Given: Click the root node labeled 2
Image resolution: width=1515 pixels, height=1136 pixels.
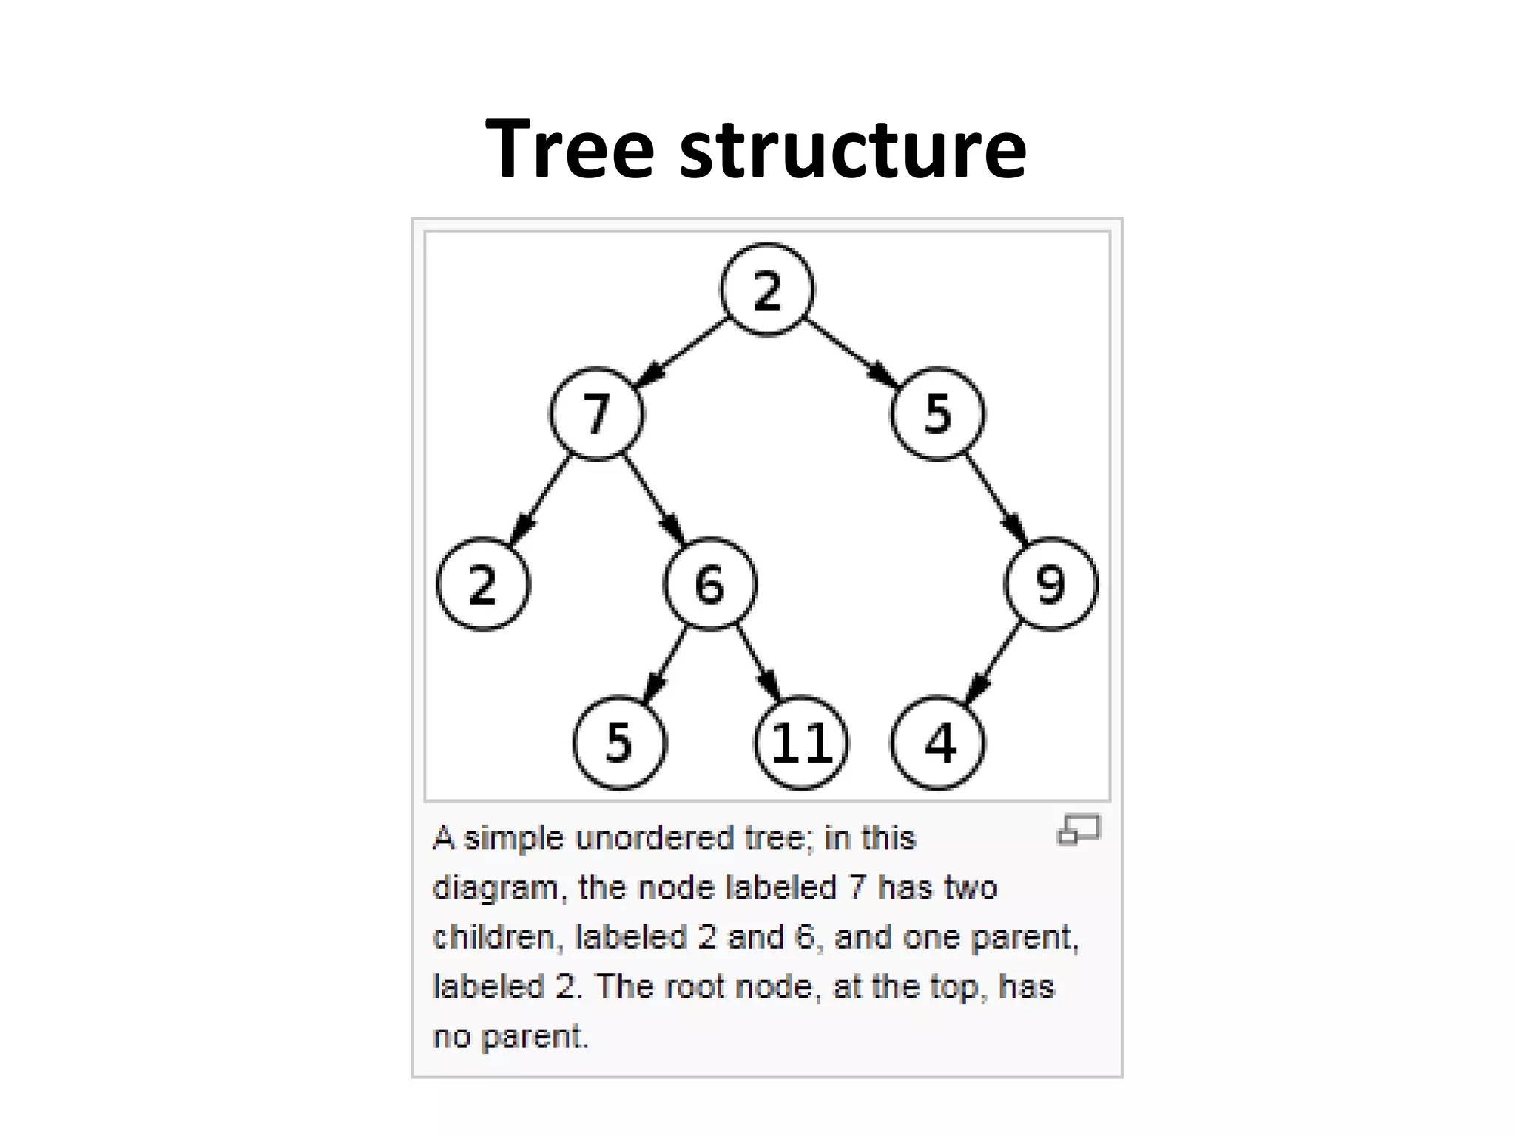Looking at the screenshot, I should pos(767,290).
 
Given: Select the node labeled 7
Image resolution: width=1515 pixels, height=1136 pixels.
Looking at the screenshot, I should pos(597,413).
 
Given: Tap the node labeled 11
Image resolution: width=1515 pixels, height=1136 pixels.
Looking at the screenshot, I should pos(802,743).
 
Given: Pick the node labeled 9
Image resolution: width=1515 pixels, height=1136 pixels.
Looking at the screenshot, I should pos(1051,584).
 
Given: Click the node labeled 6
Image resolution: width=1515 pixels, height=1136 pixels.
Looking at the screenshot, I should pos(710,584).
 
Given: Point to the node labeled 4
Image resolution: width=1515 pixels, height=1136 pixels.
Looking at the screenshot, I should pos(938,743).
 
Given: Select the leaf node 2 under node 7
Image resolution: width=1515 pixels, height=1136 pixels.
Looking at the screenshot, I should pos(483,584).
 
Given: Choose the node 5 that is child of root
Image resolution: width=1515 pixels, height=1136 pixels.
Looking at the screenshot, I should pos(938,413).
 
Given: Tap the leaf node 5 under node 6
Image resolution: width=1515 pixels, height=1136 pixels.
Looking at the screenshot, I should pos(620,743).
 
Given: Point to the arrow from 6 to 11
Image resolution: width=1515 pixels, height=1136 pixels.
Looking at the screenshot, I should pos(757,663).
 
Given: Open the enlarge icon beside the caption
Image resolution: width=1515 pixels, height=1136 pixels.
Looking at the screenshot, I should pos(1079,830).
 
